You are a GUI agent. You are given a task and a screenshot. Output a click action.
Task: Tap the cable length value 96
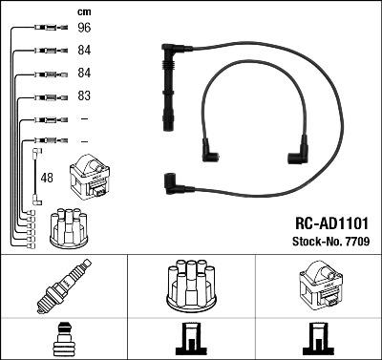(x=83, y=29)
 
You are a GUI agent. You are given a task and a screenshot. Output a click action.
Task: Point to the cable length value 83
(x=83, y=96)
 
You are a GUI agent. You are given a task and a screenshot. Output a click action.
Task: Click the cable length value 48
(x=48, y=177)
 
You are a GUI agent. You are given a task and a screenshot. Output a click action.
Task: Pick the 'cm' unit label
(x=83, y=11)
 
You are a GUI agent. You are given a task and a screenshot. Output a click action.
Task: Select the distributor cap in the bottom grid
(x=191, y=286)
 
